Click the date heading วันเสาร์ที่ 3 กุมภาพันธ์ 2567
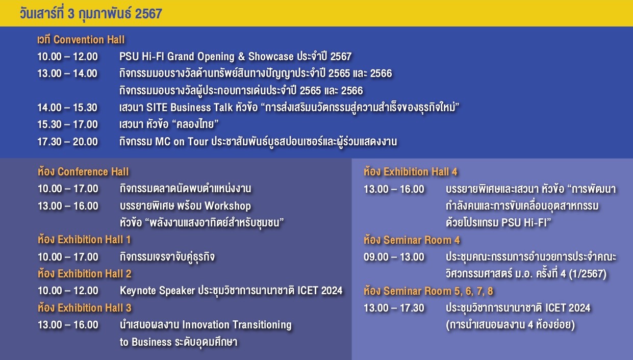tap(91, 14)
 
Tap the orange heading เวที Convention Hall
tap(81, 40)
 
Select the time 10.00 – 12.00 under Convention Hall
tap(67, 57)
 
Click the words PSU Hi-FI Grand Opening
tap(177, 57)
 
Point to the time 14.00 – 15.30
tap(67, 108)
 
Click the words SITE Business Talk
tap(190, 108)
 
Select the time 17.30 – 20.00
tap(67, 142)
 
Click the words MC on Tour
tap(182, 142)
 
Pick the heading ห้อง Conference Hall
tap(83, 171)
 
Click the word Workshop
tap(228, 205)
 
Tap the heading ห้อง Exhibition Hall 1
tap(84, 240)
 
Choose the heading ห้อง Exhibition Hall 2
tap(85, 273)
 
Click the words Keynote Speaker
tap(158, 291)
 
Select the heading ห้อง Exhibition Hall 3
tap(85, 307)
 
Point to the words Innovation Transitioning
tap(237, 325)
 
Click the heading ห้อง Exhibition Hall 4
tap(411, 171)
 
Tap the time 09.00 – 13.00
tap(394, 257)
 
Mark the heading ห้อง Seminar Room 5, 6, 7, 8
tap(428, 291)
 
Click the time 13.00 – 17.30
tap(394, 308)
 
